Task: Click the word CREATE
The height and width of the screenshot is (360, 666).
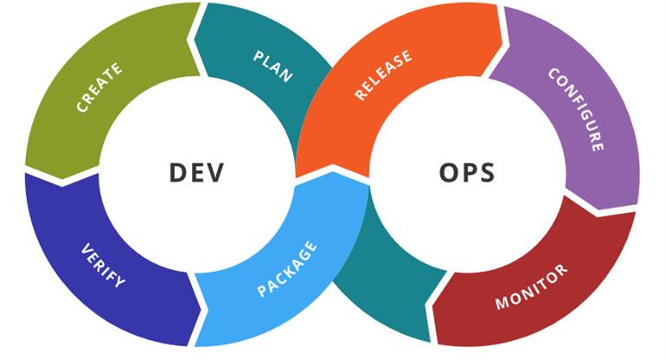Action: click(x=99, y=87)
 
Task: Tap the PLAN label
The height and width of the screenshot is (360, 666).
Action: click(x=273, y=67)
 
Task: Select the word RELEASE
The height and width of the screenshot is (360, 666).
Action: click(x=383, y=75)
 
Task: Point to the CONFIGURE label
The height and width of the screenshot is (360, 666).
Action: click(x=577, y=109)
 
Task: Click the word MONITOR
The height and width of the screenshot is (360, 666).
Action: click(x=531, y=287)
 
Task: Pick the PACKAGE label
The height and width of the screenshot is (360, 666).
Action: click(x=287, y=269)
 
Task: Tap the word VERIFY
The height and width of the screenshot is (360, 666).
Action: click(x=103, y=266)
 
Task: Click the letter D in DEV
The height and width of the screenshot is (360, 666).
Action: click(x=179, y=172)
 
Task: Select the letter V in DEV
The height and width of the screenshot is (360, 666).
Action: click(x=214, y=172)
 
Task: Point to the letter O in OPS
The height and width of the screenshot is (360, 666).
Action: click(x=449, y=172)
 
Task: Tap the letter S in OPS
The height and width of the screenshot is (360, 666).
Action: click(x=487, y=172)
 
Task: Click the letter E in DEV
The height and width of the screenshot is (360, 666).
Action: click(x=196, y=172)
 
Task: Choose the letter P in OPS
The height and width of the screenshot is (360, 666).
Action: click(x=469, y=172)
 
